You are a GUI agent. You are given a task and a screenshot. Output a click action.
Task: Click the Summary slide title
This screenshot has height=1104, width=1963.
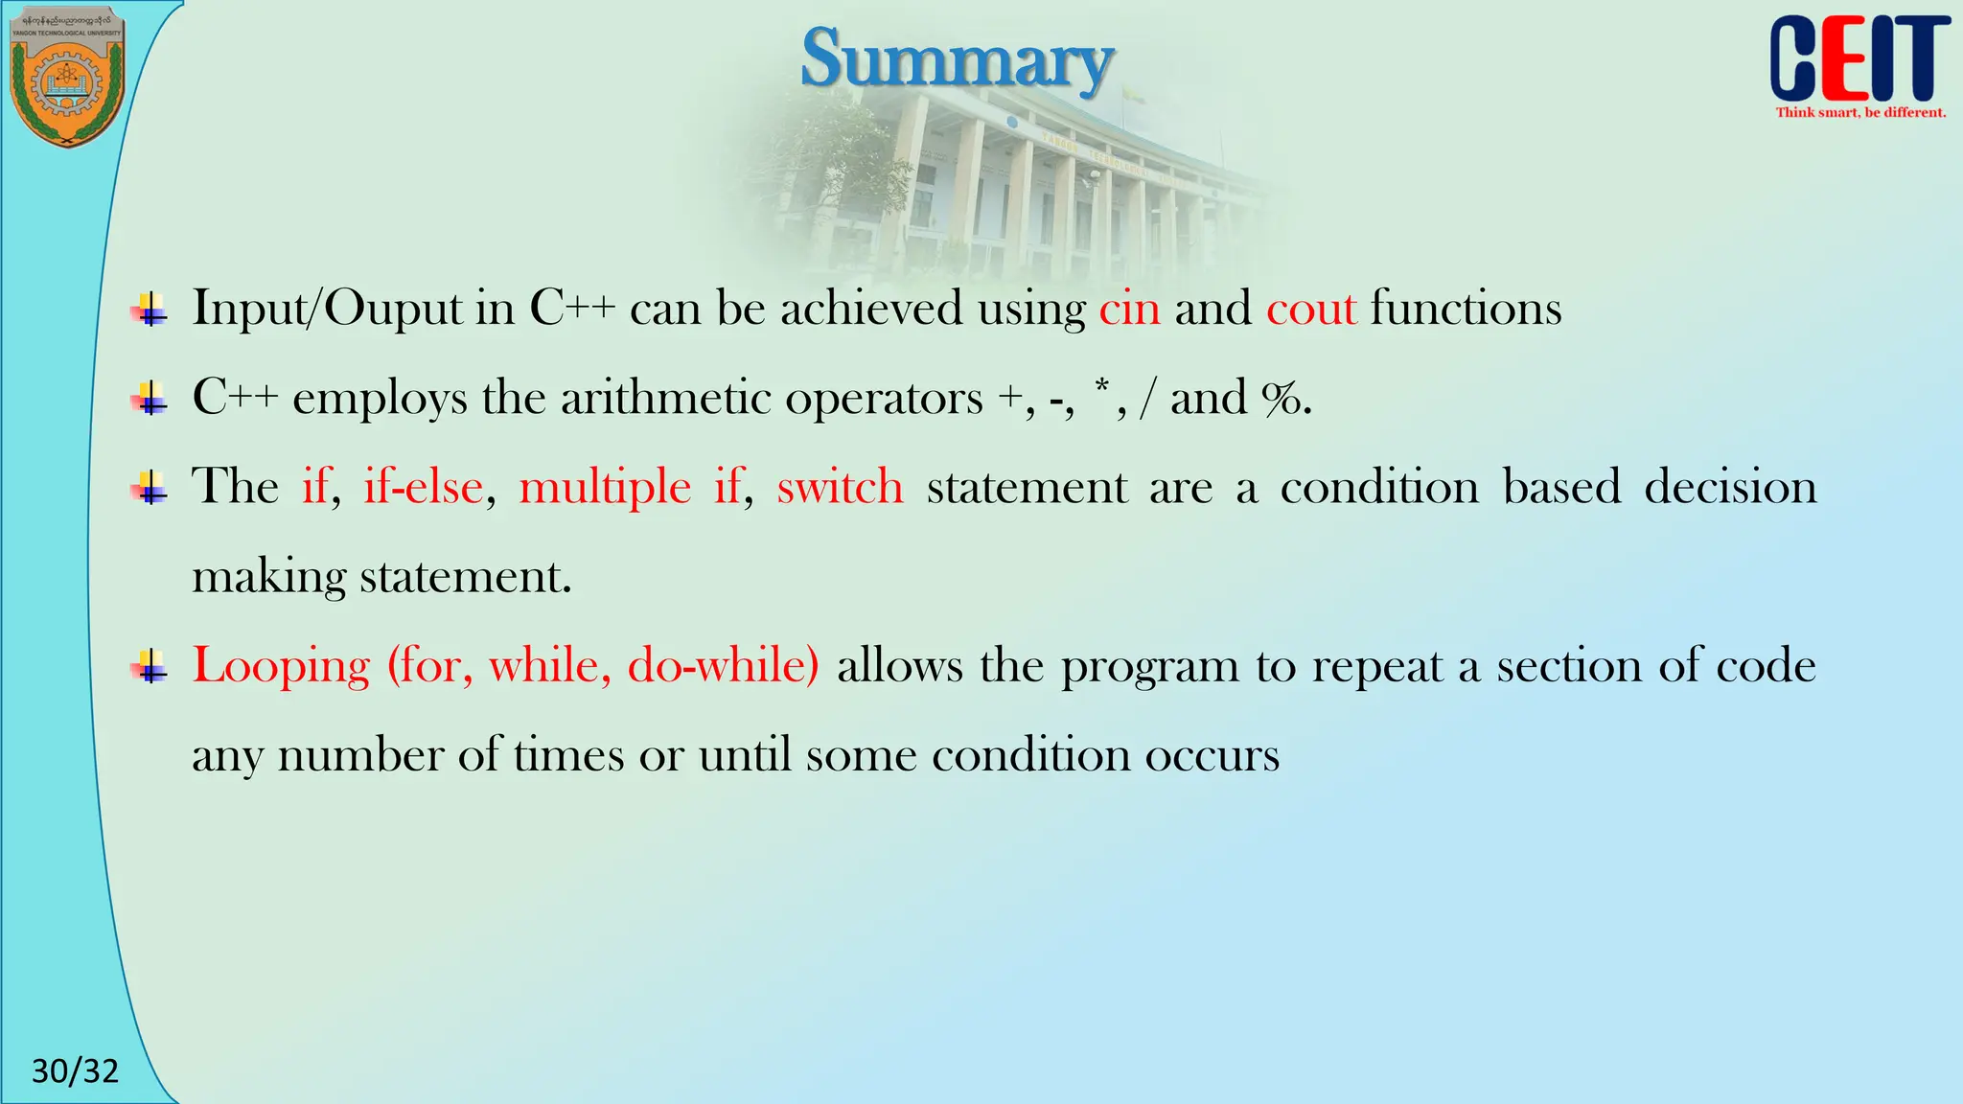pyautogui.click(x=957, y=59)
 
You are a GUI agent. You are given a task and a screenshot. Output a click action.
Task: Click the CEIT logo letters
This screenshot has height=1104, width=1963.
pyautogui.click(x=1859, y=59)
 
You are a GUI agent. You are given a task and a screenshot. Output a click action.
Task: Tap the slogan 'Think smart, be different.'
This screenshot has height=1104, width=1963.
pyautogui.click(x=1860, y=113)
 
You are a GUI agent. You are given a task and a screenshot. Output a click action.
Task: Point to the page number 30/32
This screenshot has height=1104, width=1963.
pyautogui.click(x=75, y=1070)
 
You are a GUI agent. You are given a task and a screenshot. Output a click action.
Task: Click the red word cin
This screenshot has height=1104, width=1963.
pyautogui.click(x=1129, y=310)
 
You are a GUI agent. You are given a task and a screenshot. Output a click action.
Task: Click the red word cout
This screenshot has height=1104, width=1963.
pyautogui.click(x=1310, y=310)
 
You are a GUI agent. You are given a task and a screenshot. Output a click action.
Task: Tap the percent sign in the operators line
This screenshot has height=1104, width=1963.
pyautogui.click(x=1281, y=399)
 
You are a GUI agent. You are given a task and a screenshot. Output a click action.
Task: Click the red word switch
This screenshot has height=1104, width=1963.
pyautogui.click(x=840, y=487)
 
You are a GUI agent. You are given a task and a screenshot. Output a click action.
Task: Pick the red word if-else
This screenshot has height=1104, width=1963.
pyautogui.click(x=423, y=487)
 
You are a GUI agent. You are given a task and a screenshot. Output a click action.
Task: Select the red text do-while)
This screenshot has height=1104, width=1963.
pyautogui.click(x=723, y=665)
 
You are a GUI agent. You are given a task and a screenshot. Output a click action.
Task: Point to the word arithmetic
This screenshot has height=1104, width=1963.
pyautogui.click(x=664, y=399)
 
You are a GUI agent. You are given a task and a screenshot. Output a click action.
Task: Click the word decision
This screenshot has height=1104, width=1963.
pyautogui.click(x=1730, y=487)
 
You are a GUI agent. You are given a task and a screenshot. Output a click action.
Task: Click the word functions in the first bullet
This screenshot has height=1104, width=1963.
pyautogui.click(x=1466, y=310)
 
